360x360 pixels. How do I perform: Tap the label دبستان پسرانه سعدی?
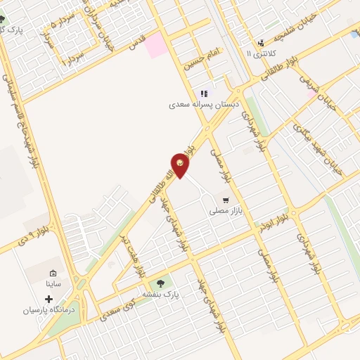(x=204, y=104)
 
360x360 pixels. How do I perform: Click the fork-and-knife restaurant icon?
(x=204, y=93)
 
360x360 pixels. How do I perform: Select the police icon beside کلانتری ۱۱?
(x=261, y=44)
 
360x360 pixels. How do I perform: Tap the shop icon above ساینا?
(x=53, y=273)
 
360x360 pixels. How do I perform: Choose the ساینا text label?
(x=53, y=284)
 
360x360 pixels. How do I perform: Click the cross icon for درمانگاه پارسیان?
(x=49, y=299)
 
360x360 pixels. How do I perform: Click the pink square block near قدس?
(x=157, y=45)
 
